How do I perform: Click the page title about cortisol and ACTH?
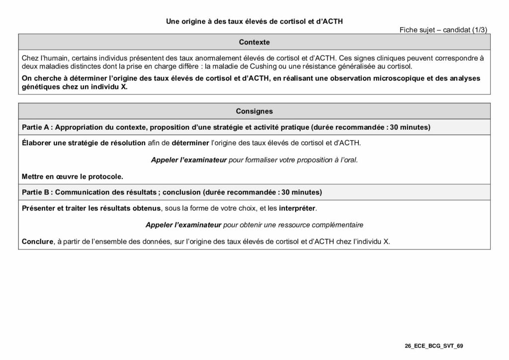pos(254,22)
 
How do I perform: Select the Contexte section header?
pos(254,42)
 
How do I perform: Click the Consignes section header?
pos(254,111)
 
